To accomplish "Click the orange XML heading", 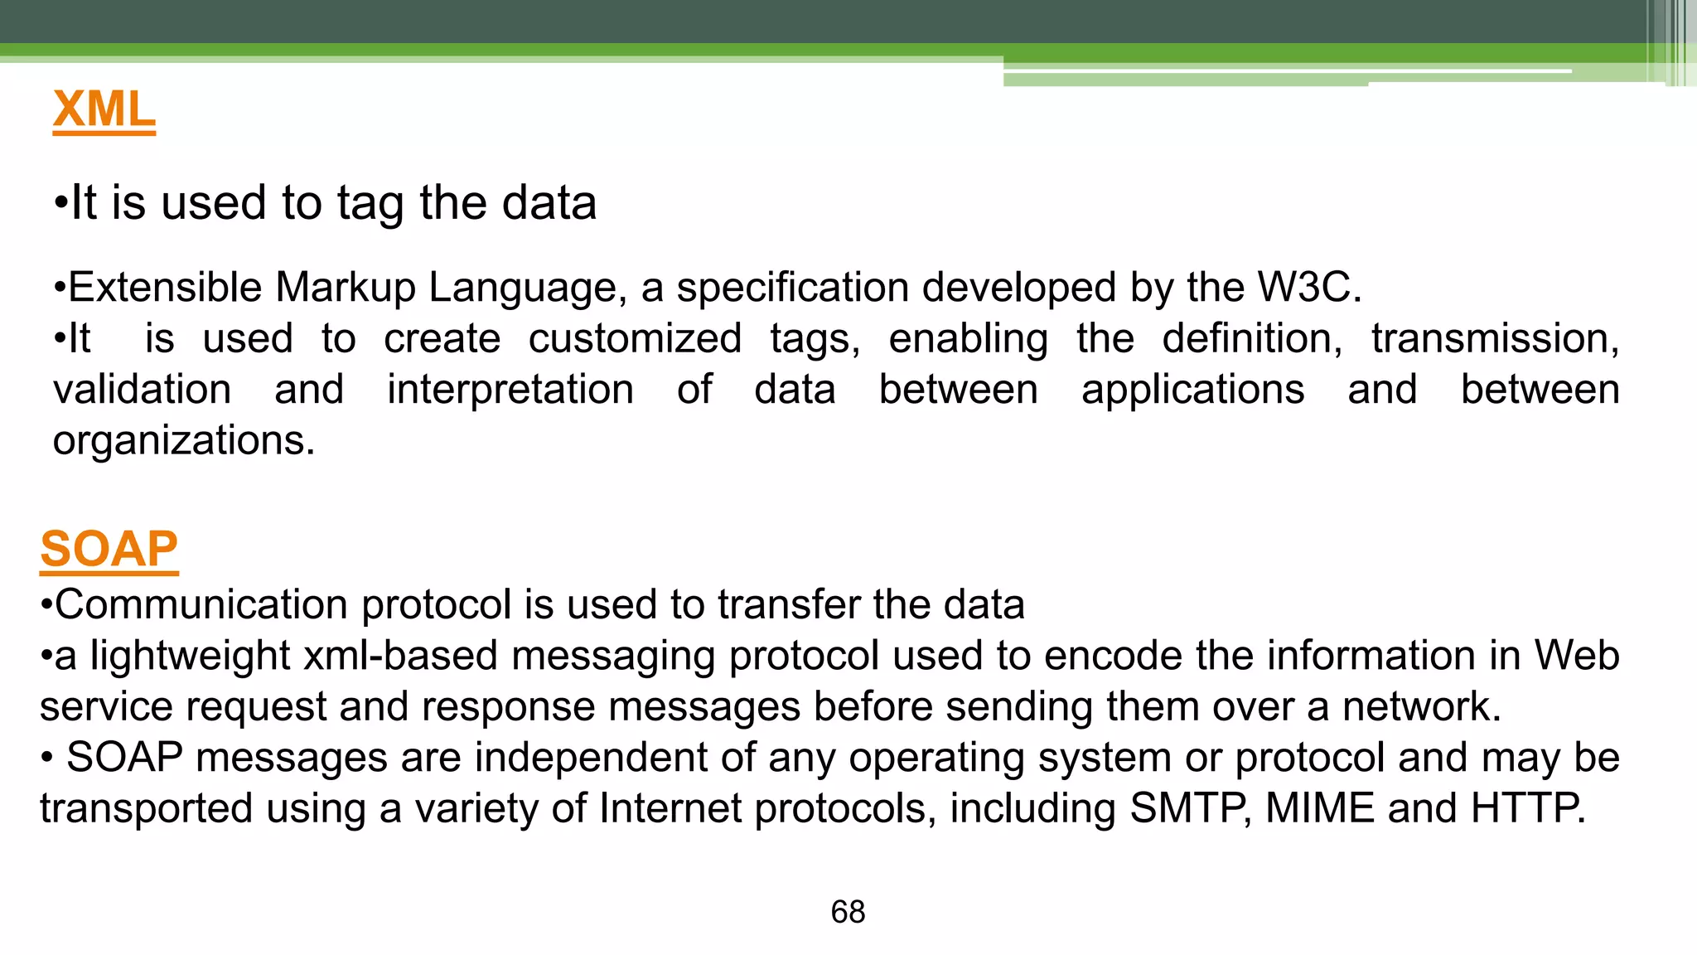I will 104,109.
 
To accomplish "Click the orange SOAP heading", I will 109,549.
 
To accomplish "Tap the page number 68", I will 848,912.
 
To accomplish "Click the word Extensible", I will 163,288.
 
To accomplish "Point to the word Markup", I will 345,288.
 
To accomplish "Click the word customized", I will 635,339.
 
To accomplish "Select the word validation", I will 142,390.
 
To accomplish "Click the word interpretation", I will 510,390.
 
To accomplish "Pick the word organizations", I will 183,441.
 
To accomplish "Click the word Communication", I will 201,604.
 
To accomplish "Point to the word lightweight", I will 190,656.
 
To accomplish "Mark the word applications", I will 1192,390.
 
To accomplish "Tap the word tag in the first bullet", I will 370,204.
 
